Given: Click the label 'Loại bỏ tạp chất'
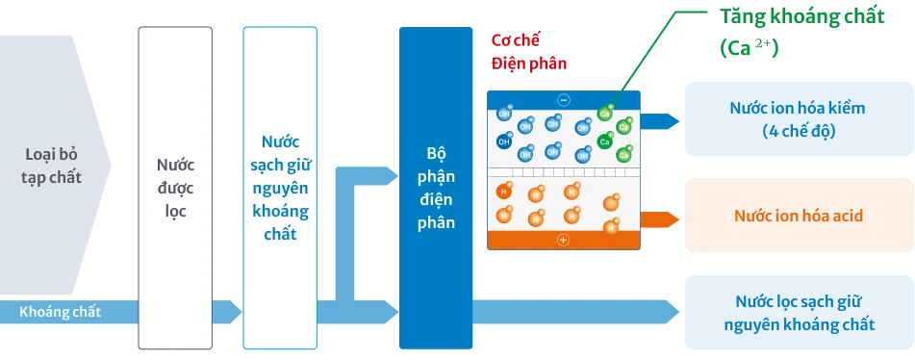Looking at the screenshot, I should click(x=53, y=165).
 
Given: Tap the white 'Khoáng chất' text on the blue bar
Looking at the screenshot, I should click(x=60, y=312).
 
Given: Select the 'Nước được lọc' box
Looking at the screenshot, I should click(x=175, y=188).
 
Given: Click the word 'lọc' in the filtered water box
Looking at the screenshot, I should click(x=175, y=209).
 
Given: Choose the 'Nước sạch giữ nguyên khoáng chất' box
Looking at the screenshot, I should click(x=280, y=188).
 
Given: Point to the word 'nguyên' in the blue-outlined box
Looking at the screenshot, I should click(x=280, y=188).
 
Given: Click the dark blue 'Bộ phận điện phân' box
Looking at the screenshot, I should click(x=435, y=188).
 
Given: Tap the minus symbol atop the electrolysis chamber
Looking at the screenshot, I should click(x=564, y=99).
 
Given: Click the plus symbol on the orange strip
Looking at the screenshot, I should click(x=564, y=240).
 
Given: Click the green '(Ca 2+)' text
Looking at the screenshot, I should click(x=748, y=47).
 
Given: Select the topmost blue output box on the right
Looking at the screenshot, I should click(x=799, y=120).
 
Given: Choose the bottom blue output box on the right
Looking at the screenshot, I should click(x=799, y=311).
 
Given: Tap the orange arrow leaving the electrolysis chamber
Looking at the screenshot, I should click(x=659, y=219).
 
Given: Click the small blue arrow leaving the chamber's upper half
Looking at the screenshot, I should click(x=660, y=121).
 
